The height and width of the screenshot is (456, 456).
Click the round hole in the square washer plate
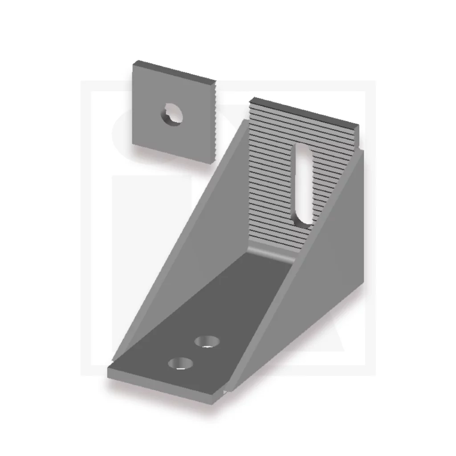tap(171, 114)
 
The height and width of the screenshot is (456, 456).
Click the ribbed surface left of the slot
tap(269, 178)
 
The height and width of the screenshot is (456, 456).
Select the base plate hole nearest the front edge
tap(180, 363)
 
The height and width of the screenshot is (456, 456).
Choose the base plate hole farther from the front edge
tap(207, 342)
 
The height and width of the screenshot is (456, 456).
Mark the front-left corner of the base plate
tap(110, 370)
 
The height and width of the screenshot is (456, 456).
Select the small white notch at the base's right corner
tap(226, 391)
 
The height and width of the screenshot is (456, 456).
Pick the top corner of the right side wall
tap(364, 151)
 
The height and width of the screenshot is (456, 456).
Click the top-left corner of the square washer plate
tap(134, 63)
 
